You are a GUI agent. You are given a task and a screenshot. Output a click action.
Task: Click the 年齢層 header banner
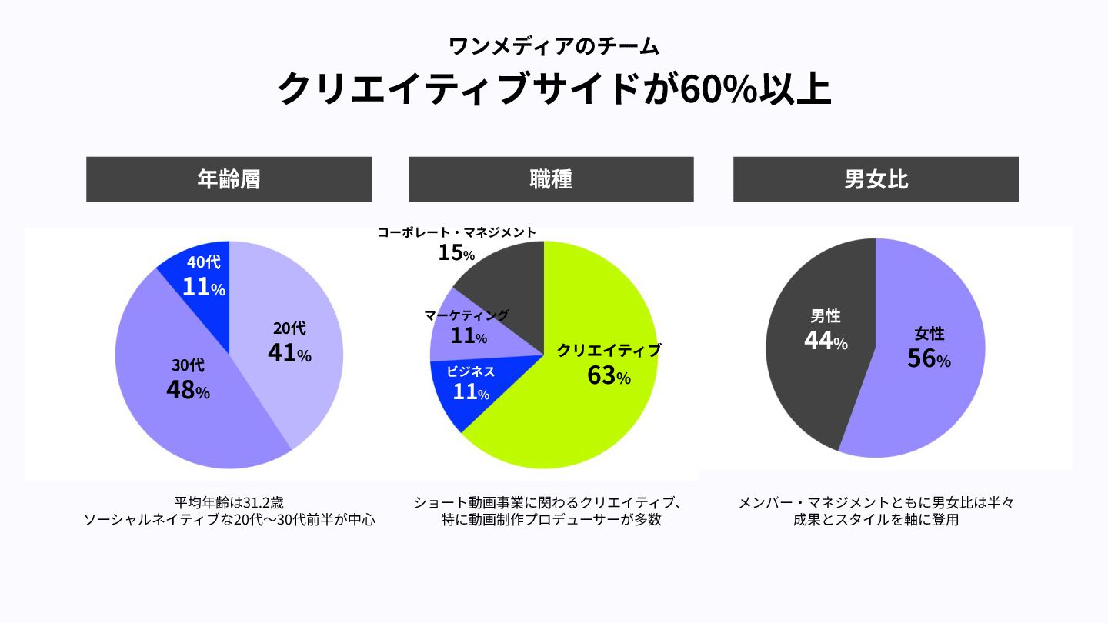(229, 179)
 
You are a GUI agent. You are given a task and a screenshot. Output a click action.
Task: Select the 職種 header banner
(551, 179)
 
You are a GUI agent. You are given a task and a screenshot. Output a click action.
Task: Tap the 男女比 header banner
(876, 179)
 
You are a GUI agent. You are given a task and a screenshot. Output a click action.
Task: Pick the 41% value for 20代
(289, 353)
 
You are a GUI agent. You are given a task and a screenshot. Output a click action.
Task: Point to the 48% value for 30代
(188, 390)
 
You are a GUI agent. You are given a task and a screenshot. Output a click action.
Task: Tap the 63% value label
(609, 376)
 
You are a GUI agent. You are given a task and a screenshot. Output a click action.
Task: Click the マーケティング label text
(467, 315)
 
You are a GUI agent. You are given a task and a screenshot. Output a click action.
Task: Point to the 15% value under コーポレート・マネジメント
(456, 252)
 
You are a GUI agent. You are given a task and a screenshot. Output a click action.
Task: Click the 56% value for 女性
(929, 359)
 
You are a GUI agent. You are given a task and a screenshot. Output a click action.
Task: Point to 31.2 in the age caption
(254, 503)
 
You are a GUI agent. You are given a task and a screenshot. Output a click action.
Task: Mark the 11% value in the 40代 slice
(203, 288)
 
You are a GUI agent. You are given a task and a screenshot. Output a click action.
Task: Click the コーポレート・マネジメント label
(457, 232)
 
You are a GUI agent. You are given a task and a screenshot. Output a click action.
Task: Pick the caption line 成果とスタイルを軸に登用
(876, 521)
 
